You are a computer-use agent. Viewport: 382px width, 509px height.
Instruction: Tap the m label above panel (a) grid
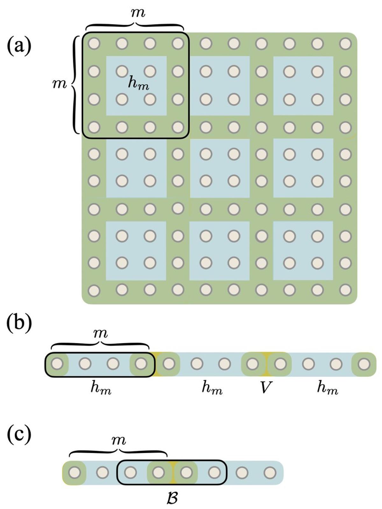click(138, 13)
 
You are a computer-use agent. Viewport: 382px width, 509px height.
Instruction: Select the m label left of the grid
click(60, 84)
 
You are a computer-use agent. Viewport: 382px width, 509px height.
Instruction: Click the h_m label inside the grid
click(138, 83)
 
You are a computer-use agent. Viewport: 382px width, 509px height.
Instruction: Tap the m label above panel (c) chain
click(119, 441)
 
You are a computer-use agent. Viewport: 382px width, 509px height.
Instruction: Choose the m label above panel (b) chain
click(101, 333)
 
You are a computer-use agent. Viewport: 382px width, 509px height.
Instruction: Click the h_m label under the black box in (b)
click(101, 388)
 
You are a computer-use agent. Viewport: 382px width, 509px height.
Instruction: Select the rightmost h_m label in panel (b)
click(327, 388)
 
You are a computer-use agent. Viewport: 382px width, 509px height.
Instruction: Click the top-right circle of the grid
click(345, 43)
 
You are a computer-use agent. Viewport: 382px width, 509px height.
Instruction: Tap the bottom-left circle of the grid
click(94, 290)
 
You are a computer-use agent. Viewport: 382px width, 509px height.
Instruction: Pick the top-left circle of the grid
click(94, 43)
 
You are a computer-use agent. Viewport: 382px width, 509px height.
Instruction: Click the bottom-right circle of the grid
click(345, 290)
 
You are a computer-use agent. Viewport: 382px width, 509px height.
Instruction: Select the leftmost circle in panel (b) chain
click(57, 363)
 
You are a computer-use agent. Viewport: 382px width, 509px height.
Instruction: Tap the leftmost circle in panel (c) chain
click(74, 472)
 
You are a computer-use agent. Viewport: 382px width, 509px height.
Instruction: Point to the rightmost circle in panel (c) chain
click(270, 472)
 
